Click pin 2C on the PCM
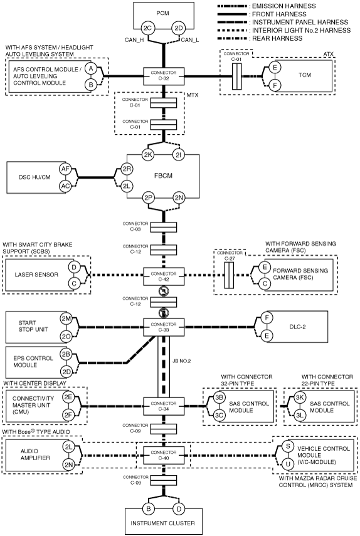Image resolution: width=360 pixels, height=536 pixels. tap(147, 28)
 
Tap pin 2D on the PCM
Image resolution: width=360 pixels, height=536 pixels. tap(179, 28)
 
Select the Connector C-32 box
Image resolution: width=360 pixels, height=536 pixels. tap(164, 76)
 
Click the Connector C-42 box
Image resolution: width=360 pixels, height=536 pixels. tap(164, 276)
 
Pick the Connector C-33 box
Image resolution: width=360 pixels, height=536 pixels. tap(164, 327)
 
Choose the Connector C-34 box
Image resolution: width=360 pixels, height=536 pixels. tap(164, 406)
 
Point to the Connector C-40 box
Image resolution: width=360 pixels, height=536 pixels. tap(164, 455)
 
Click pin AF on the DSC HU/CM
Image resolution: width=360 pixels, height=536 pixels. tap(65, 169)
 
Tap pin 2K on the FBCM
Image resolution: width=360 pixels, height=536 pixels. tap(147, 154)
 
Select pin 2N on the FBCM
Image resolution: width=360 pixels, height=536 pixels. tap(179, 197)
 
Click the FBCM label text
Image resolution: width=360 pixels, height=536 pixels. tap(163, 176)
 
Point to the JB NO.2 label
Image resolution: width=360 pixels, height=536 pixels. tap(181, 361)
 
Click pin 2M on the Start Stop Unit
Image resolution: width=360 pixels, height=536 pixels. tap(66, 318)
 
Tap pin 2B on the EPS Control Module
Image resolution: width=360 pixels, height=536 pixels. tap(66, 354)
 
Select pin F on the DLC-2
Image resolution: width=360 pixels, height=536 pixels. tap(267, 318)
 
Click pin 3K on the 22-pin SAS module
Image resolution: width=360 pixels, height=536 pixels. tap(300, 397)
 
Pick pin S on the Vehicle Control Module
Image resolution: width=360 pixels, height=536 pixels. tap(288, 446)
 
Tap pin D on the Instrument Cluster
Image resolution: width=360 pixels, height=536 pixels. tap(179, 509)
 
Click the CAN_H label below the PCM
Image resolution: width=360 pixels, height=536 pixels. tap(134, 40)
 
